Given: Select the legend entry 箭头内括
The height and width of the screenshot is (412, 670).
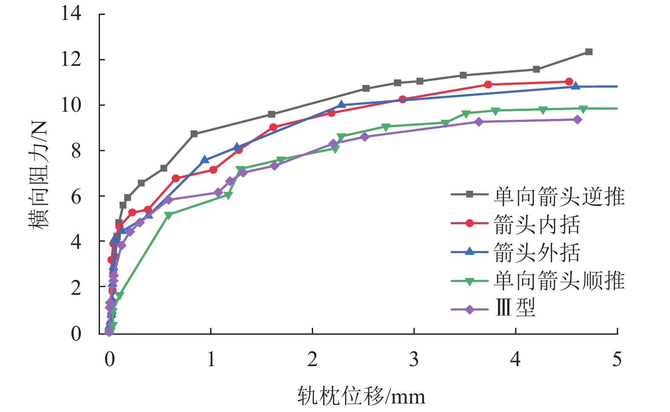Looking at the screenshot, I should click(x=537, y=224).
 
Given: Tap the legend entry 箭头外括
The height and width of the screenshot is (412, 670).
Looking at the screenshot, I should click(x=537, y=253).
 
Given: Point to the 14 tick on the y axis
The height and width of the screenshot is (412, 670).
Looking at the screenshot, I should click(x=71, y=14).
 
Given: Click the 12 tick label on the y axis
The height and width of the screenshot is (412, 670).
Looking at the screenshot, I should click(x=71, y=59).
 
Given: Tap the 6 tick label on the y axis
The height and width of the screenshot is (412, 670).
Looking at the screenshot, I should click(x=76, y=196).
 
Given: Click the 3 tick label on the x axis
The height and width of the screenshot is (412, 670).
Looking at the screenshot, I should click(x=414, y=360).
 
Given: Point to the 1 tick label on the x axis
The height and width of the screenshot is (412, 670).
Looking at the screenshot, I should click(x=211, y=360).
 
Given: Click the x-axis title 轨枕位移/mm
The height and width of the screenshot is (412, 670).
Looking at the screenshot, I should click(x=361, y=396).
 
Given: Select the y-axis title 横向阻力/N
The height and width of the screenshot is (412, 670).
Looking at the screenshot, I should click(x=39, y=174).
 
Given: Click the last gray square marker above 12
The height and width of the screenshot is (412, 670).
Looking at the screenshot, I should click(x=589, y=52).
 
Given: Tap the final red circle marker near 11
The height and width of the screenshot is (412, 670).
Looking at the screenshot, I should click(x=569, y=82).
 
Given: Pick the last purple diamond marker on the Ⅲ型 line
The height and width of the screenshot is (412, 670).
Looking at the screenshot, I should click(x=577, y=120).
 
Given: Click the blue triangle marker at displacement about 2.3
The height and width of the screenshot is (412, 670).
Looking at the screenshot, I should click(x=341, y=104).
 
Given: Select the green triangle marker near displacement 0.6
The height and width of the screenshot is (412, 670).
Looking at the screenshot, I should click(x=168, y=215).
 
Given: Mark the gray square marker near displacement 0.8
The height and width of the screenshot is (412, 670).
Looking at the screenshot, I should click(x=194, y=134).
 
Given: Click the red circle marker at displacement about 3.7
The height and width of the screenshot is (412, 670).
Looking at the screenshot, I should click(x=488, y=85).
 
